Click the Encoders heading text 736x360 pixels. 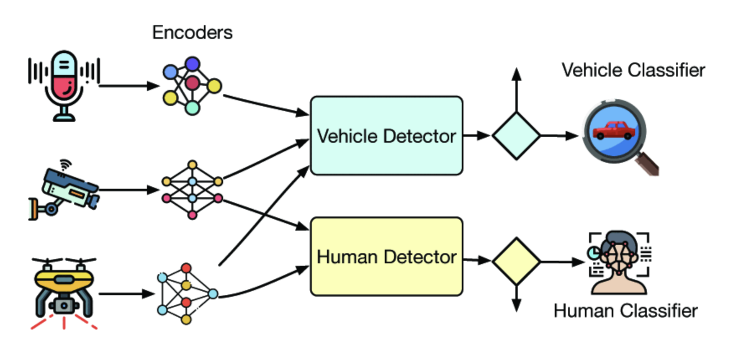[x=192, y=33]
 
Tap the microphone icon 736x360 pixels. [x=64, y=84]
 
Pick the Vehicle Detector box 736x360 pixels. [x=386, y=136]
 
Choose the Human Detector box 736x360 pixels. [x=386, y=257]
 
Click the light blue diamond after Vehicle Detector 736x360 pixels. [x=516, y=136]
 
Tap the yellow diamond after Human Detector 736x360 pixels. [x=516, y=262]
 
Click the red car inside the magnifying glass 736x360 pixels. [x=614, y=131]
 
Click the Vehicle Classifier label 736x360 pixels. [x=633, y=70]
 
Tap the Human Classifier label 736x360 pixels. [x=625, y=311]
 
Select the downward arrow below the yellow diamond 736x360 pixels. [x=517, y=299]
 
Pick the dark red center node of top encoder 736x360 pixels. [x=192, y=83]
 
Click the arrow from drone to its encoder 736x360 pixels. [x=126, y=294]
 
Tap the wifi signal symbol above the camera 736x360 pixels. [x=65, y=165]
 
